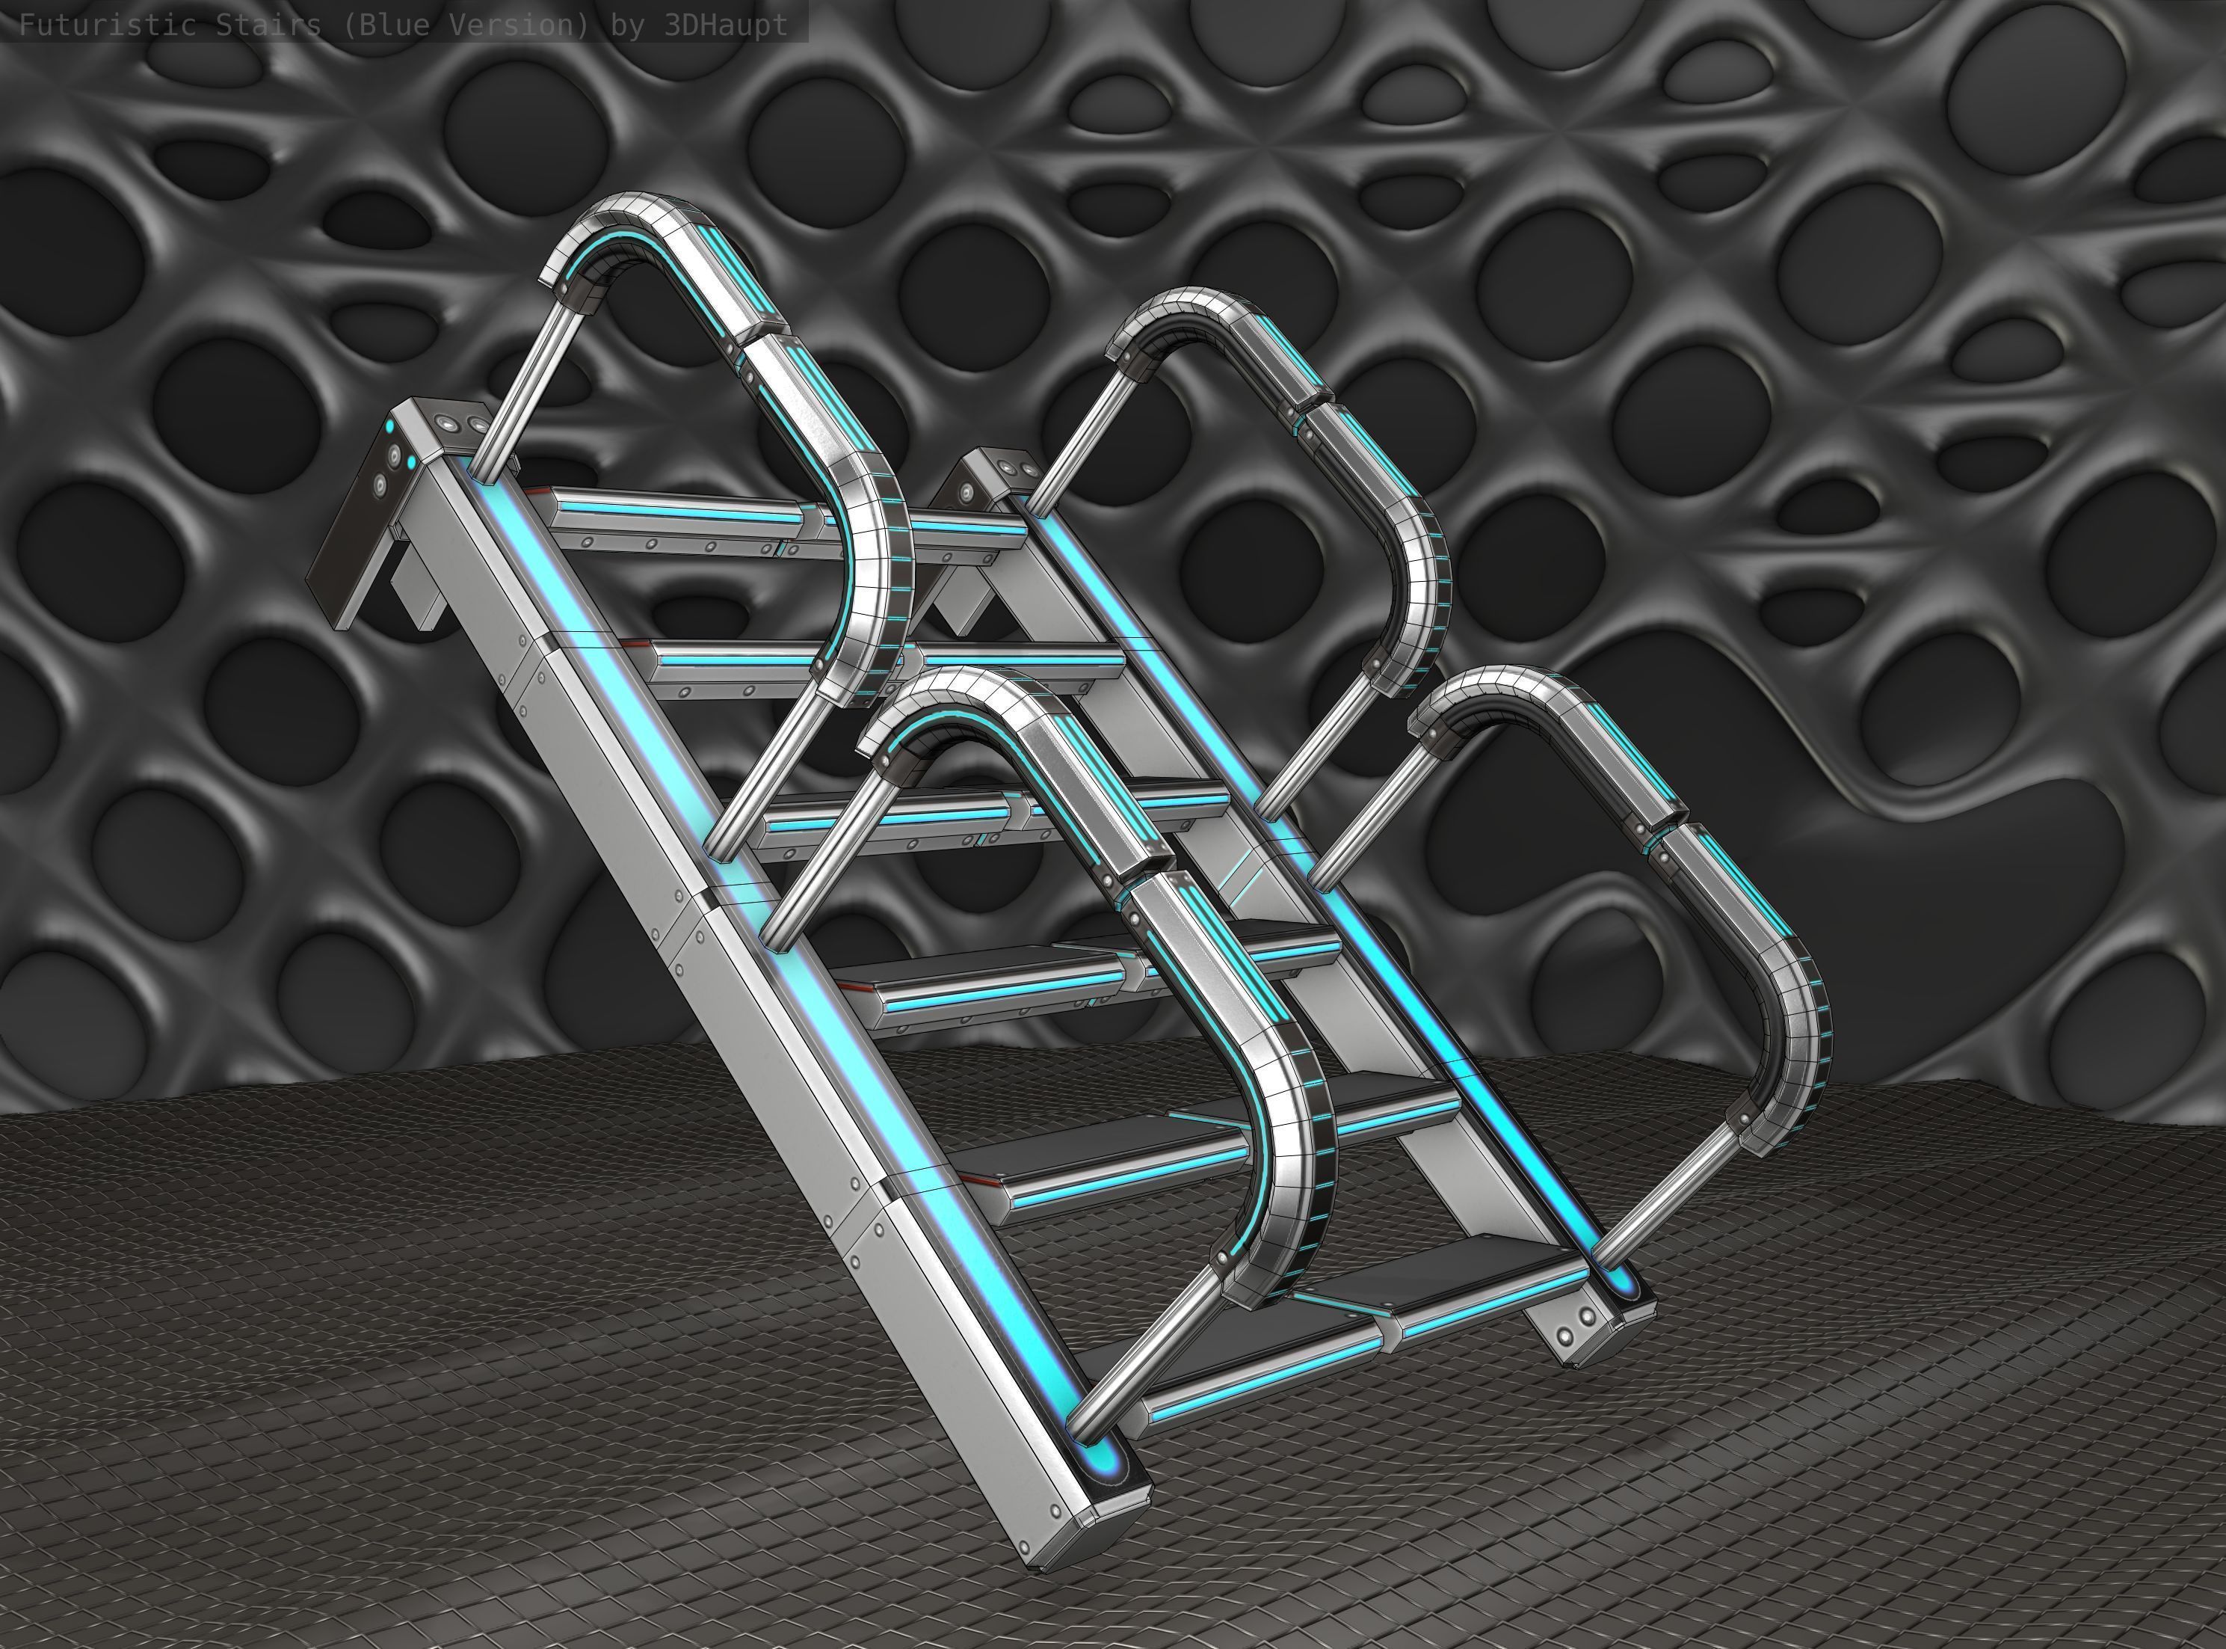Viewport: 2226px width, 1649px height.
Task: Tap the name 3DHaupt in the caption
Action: click(725, 25)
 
